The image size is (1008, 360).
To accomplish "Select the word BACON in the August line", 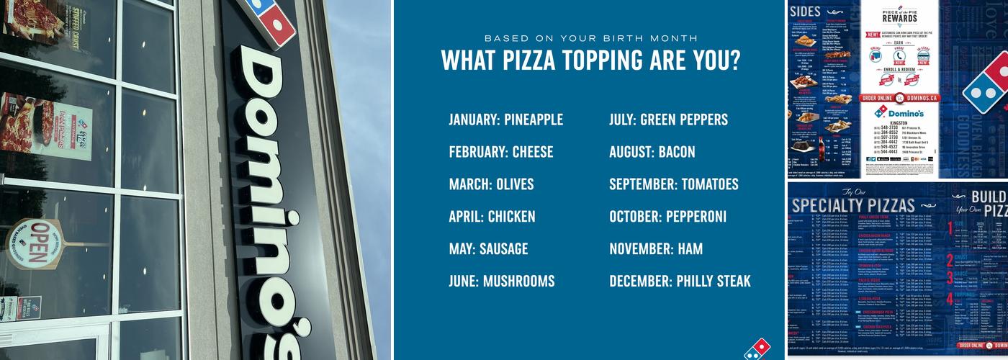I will [x=676, y=152].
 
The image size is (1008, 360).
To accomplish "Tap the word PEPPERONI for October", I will [x=696, y=217].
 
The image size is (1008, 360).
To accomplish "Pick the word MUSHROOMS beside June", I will [x=518, y=282].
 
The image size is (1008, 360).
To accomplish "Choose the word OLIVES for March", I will [x=515, y=184].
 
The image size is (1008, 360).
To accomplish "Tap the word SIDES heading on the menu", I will [x=805, y=11].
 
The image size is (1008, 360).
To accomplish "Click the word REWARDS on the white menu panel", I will [x=899, y=19].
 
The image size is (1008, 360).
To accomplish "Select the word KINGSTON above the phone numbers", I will [x=899, y=123].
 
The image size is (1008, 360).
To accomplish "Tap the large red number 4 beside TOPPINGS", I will [x=950, y=299].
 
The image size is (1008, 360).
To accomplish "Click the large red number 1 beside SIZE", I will [x=950, y=229].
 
